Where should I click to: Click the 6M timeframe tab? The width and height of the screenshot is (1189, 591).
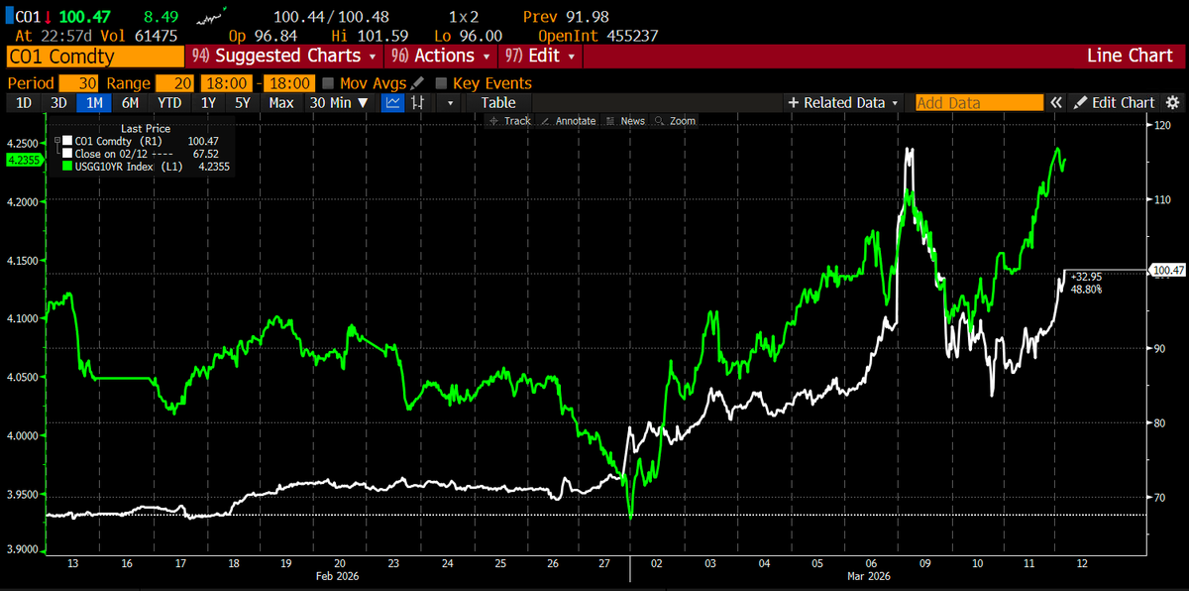point(130,102)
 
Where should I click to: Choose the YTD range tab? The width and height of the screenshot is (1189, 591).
point(169,102)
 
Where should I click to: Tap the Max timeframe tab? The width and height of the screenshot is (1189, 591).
point(281,102)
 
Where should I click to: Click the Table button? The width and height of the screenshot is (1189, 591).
point(498,102)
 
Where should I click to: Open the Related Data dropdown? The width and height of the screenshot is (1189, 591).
point(843,102)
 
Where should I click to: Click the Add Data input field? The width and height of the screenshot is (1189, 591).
point(978,102)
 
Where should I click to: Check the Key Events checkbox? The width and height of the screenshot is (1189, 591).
point(441,83)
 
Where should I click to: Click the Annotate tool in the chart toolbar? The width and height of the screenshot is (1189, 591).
point(569,121)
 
